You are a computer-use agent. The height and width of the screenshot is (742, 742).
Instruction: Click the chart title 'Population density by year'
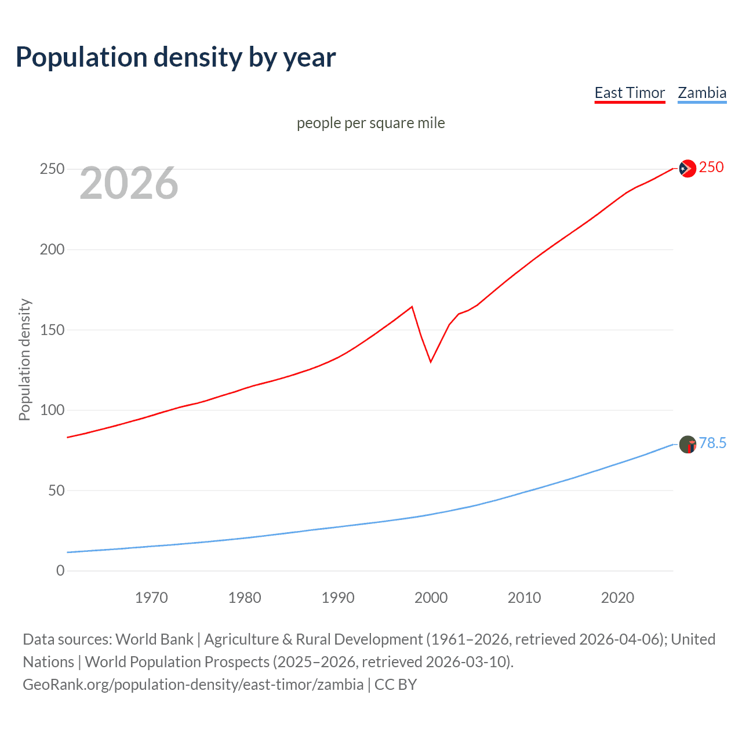(x=176, y=57)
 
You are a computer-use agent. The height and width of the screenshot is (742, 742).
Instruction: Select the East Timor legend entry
(x=630, y=93)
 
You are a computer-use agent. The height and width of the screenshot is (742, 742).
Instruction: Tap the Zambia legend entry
(x=702, y=93)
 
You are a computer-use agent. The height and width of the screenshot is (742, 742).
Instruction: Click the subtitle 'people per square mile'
(x=370, y=123)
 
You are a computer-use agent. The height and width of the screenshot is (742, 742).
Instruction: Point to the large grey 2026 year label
(x=129, y=183)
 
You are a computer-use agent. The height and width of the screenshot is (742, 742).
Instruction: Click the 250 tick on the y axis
(x=52, y=169)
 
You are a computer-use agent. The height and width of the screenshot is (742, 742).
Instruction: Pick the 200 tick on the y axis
(x=52, y=250)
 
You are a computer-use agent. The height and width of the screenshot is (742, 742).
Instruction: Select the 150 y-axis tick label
(x=52, y=330)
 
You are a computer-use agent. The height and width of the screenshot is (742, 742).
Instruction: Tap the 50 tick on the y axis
(x=56, y=490)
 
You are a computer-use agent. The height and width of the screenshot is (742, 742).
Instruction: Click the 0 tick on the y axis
(x=60, y=571)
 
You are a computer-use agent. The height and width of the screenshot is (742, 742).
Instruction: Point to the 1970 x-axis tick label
(x=151, y=598)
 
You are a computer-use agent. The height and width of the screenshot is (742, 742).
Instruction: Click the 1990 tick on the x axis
(x=338, y=598)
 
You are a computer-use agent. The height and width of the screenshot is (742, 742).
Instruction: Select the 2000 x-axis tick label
(x=431, y=598)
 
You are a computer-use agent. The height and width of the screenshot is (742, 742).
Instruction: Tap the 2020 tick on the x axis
(x=617, y=598)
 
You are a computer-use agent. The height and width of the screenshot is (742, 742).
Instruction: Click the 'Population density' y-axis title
(x=24, y=359)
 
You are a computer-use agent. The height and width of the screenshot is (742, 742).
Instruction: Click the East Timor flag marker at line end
(x=687, y=168)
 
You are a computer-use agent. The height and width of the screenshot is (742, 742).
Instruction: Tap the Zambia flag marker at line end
(x=688, y=445)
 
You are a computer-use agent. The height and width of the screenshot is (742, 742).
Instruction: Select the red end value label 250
(x=711, y=168)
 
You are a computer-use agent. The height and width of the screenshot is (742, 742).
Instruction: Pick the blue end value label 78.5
(x=712, y=443)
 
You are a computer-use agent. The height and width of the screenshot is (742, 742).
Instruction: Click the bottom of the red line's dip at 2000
(x=431, y=362)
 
